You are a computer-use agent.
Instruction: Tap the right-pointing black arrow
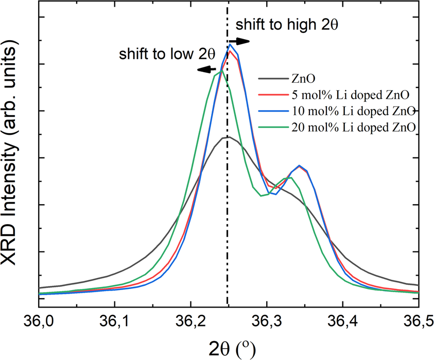[x=239, y=41]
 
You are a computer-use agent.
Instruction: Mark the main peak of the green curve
[x=220, y=71]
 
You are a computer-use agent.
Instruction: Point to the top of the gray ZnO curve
[x=225, y=137]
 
